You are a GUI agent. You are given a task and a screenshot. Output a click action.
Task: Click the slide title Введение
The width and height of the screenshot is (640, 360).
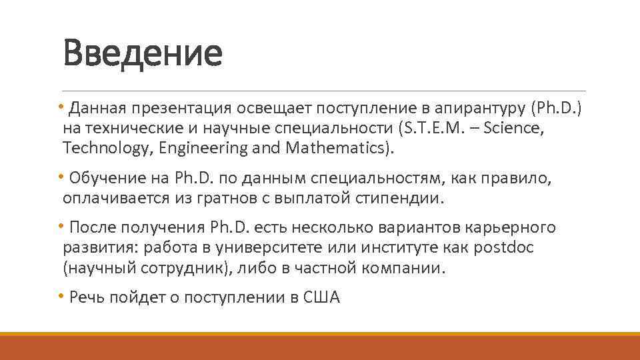pyautogui.click(x=142, y=53)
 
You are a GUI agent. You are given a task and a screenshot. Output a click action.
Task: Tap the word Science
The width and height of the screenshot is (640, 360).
pyautogui.click(x=515, y=128)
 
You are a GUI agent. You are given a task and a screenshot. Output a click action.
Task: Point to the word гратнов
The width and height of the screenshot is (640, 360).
pyautogui.click(x=239, y=199)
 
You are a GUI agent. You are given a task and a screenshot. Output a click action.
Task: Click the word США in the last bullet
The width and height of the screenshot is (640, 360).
pyautogui.click(x=321, y=299)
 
